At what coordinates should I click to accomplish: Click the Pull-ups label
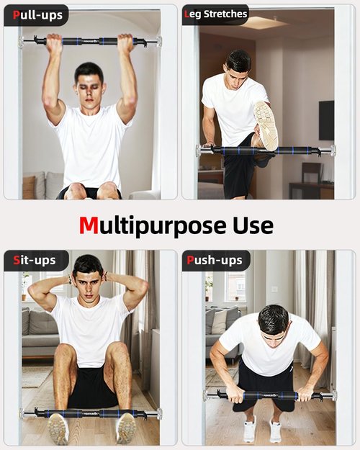coord(37,15)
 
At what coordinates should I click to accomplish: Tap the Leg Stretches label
coord(215,14)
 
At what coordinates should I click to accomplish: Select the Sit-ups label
coord(35,261)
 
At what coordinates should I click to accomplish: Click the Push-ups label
coord(215,261)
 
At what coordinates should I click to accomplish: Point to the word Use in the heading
coord(253,225)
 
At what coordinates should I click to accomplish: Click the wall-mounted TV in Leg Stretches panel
coord(326,120)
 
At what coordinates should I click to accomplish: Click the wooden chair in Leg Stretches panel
coord(312,172)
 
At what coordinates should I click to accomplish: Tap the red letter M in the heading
coord(89,225)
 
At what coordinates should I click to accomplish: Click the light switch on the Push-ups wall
coord(275,289)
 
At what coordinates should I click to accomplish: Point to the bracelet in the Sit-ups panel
coord(69,279)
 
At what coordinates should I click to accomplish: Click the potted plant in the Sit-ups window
coord(25,286)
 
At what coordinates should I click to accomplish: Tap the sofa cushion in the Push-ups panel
coord(219,322)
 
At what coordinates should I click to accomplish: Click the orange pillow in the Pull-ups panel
coord(29,186)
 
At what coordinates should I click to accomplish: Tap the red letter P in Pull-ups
coord(16,14)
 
